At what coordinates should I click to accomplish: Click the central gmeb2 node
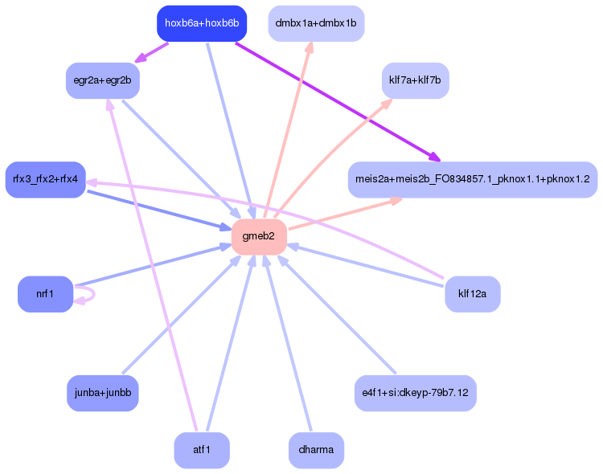(259, 236)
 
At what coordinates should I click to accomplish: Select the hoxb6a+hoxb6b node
(201, 23)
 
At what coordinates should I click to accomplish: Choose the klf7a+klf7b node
(415, 80)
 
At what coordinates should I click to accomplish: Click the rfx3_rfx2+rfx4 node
(45, 179)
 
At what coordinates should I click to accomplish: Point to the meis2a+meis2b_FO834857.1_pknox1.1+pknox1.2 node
(472, 179)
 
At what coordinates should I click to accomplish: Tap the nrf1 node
(45, 294)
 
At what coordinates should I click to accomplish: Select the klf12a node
(472, 294)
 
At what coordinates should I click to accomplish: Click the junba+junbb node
(102, 393)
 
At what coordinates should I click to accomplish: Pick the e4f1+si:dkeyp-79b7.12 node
(415, 393)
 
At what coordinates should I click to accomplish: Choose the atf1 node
(201, 450)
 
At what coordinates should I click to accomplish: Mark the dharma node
(315, 450)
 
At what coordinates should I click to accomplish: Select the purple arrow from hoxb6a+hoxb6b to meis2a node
(338, 100)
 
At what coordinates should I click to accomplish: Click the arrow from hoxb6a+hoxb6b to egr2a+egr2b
(153, 51)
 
